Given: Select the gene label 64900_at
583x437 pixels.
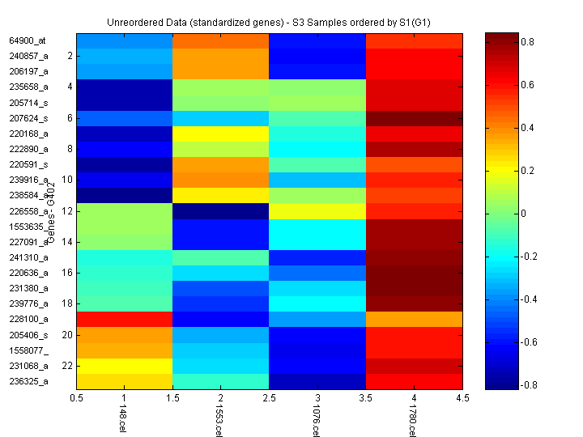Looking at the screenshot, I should click(28, 40).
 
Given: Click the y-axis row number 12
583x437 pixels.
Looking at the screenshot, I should click(68, 210).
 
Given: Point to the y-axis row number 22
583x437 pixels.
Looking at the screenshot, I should click(68, 365).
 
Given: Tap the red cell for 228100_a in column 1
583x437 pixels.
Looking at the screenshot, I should click(124, 319).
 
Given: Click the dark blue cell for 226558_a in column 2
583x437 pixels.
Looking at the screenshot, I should click(220, 210).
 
